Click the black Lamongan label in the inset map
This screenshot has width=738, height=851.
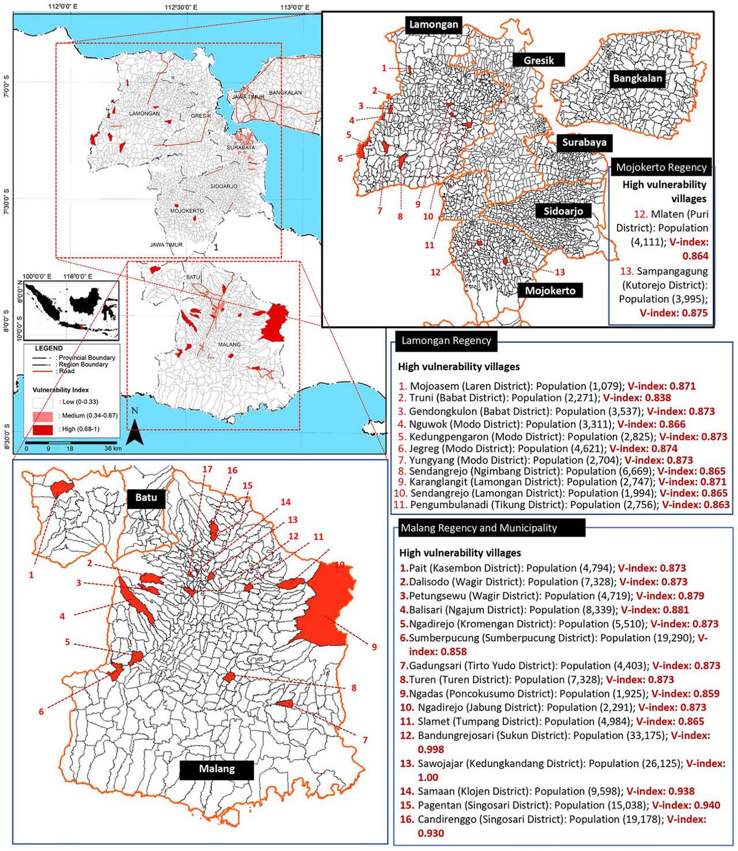pyautogui.click(x=434, y=24)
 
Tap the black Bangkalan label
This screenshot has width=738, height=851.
pyautogui.click(x=637, y=78)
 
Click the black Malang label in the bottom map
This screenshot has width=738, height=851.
pyautogui.click(x=217, y=769)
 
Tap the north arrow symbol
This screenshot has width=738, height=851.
pyautogui.click(x=135, y=432)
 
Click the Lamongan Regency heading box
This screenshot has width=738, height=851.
pyautogui.click(x=445, y=341)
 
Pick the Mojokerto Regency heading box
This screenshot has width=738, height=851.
pyautogui.click(x=661, y=167)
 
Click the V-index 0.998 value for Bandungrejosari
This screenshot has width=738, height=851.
pyautogui.click(x=430, y=749)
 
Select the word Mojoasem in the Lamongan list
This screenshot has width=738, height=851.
pyautogui.click(x=430, y=386)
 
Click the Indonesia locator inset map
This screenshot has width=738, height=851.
pyautogui.click(x=69, y=310)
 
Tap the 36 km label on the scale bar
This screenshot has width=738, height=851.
pyautogui.click(x=112, y=449)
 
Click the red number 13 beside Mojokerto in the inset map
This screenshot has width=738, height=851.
pyautogui.click(x=559, y=272)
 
